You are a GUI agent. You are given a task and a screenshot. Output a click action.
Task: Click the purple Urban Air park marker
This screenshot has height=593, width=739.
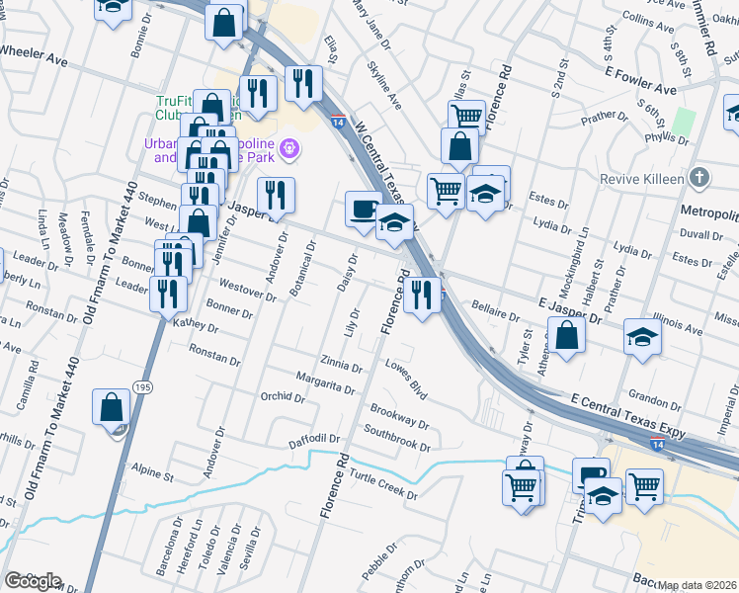(288, 149)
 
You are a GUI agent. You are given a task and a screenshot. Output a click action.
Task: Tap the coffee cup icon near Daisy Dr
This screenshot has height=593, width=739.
(364, 210)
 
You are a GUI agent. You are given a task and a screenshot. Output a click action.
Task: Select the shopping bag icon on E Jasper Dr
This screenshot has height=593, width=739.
(569, 336)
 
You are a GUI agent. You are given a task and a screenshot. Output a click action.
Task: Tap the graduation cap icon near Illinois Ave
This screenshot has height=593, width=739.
(642, 338)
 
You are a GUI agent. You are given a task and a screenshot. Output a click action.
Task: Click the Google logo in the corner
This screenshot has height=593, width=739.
(32, 581)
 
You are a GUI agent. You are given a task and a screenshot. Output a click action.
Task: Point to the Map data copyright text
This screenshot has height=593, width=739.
(698, 585)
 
